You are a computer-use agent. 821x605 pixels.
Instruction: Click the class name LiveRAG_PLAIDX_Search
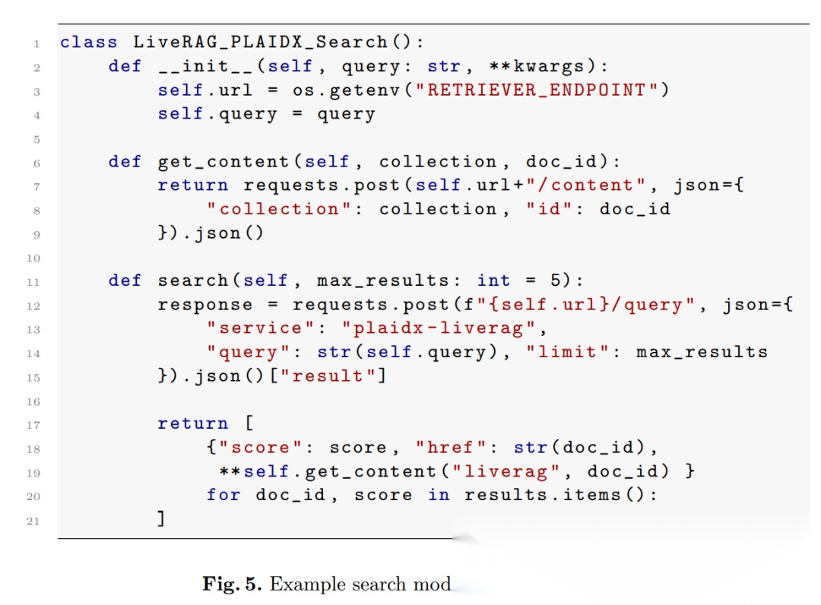[261, 42]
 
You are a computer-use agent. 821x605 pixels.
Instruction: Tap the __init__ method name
[200, 66]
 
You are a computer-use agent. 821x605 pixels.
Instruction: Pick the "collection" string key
[281, 208]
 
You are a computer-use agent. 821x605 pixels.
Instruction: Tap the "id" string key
[550, 208]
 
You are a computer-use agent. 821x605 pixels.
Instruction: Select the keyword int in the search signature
[494, 280]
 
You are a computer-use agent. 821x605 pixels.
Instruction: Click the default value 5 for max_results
[556, 280]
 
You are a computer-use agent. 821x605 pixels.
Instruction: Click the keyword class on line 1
[89, 42]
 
